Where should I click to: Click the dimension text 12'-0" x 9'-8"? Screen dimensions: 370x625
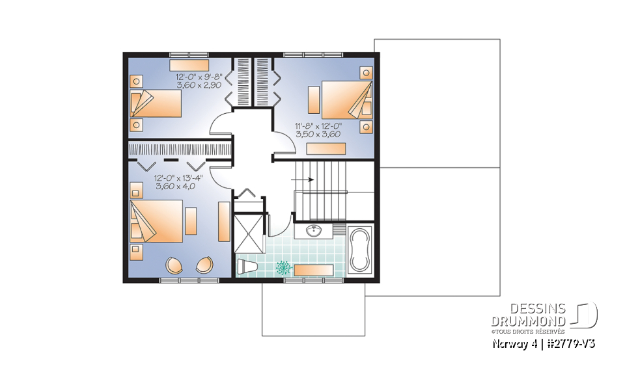[199, 76]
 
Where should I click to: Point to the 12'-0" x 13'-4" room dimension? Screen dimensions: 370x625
[177, 177]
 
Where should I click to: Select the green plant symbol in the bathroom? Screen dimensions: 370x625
[284, 267]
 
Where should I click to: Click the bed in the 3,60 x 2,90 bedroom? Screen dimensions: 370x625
[156, 103]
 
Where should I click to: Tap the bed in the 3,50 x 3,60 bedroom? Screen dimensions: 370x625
[346, 99]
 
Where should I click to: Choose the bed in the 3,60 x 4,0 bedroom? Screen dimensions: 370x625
[156, 221]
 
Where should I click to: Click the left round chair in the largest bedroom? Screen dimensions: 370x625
[175, 265]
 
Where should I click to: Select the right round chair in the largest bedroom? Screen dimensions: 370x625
[204, 265]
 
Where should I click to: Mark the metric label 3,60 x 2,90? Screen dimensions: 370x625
[198, 85]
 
